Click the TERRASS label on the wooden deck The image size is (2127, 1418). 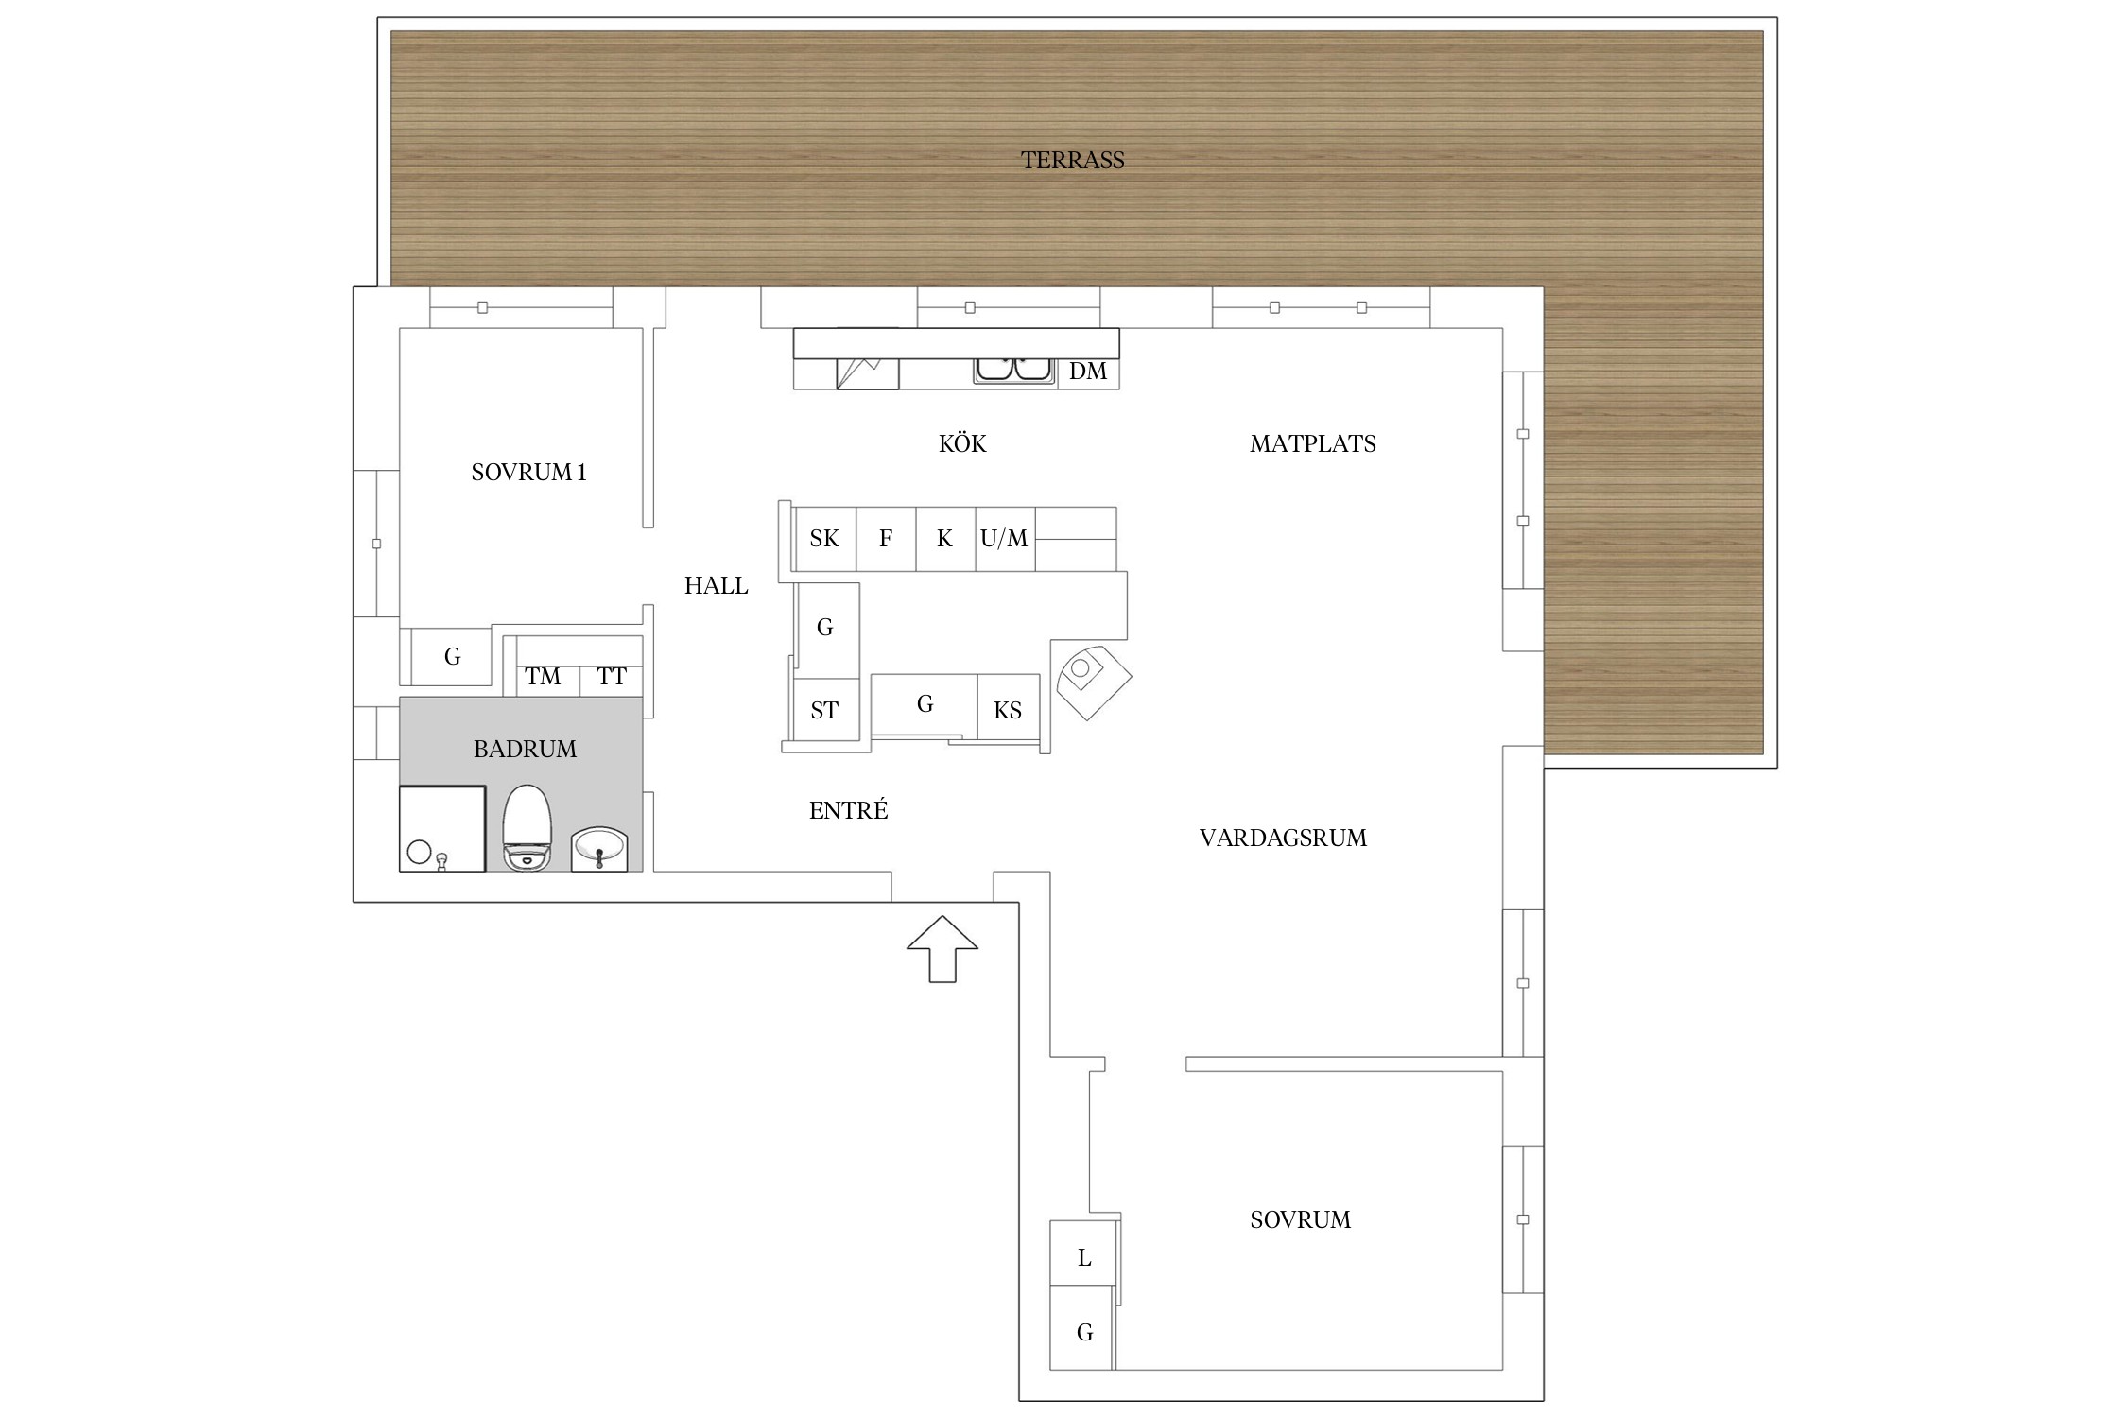coord(1072,160)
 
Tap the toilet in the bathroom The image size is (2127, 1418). coord(527,827)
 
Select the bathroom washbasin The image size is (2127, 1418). coord(599,849)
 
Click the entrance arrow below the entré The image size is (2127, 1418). coord(942,949)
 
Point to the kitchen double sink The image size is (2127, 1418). coord(1014,370)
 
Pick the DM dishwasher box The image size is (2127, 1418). coord(1088,372)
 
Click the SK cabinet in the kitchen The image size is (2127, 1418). coord(825,539)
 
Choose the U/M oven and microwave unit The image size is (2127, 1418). coord(1005,539)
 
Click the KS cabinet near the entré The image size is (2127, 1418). coord(1008,709)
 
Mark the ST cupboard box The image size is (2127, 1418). coord(825,710)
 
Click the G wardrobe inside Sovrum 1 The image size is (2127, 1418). coord(452,656)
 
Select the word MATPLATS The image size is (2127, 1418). coord(1312,443)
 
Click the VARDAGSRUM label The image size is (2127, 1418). coord(1283,838)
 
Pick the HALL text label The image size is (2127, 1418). coord(716,586)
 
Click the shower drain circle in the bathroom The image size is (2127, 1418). coord(419,852)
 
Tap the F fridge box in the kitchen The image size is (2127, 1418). coord(886,539)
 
